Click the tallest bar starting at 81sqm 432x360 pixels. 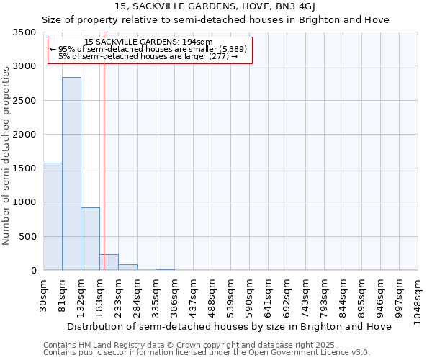coord(71,173)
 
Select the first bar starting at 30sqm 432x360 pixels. coord(53,216)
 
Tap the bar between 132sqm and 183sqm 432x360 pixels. coord(90,238)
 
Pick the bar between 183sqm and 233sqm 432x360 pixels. coord(109,262)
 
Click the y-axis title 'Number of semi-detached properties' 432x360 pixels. coord(6,155)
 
